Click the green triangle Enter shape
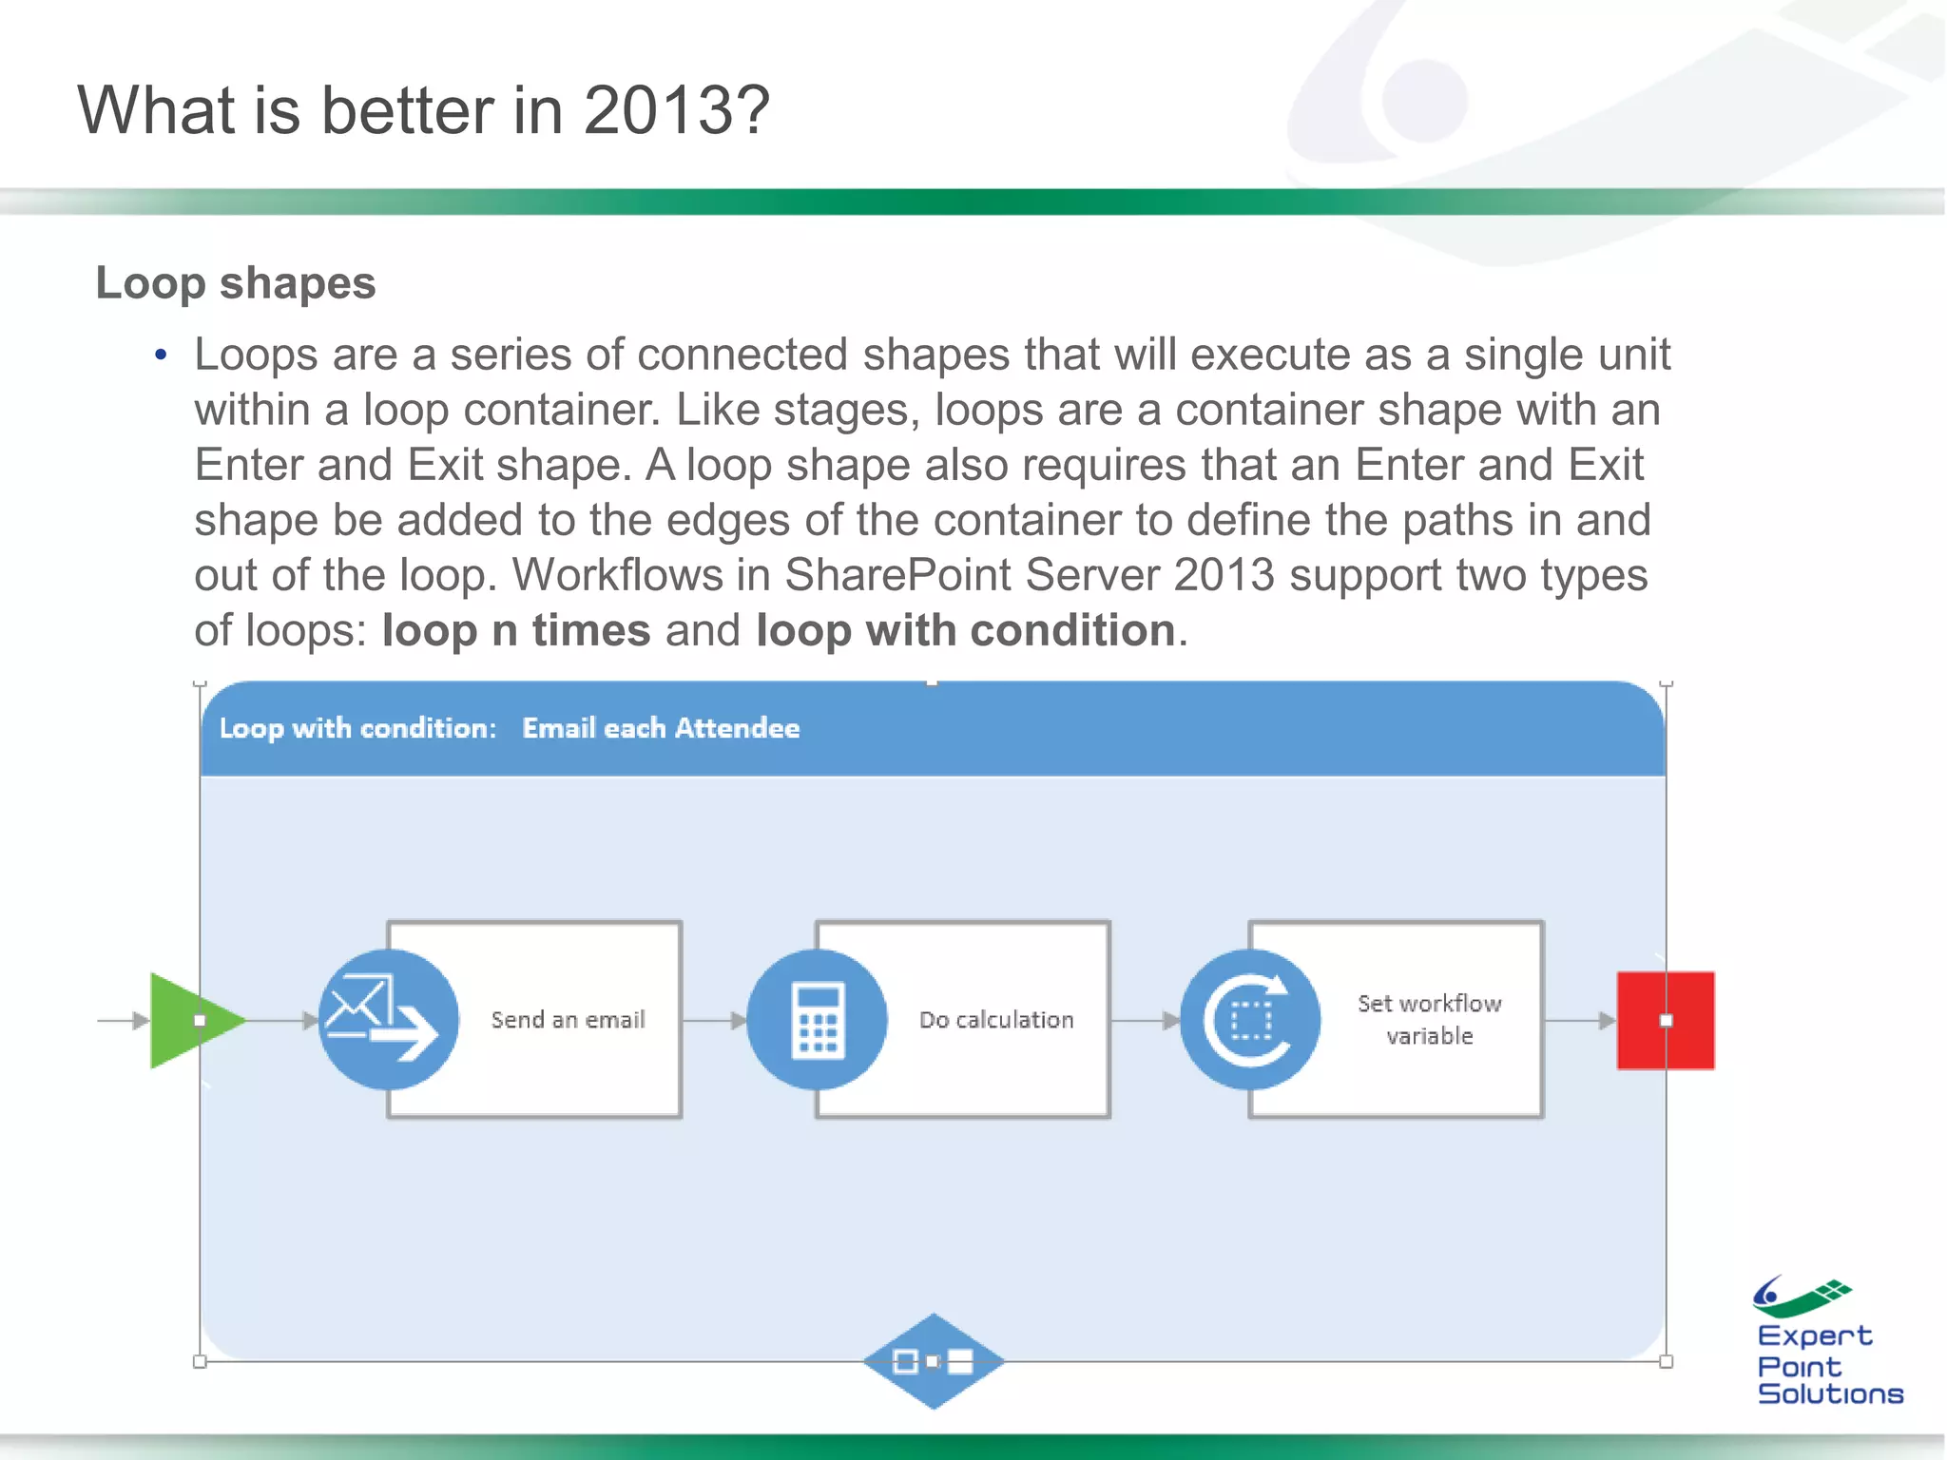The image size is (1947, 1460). pos(190,1020)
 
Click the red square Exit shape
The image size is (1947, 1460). pos(1666,1020)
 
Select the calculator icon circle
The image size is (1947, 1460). pos(818,1020)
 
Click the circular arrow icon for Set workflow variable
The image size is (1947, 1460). pos(1250,1020)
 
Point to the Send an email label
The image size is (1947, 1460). pos(568,1020)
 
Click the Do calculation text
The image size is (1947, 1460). pos(996,1020)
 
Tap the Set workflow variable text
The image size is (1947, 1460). pos(1429,1019)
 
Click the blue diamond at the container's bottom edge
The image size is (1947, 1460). pos(933,1361)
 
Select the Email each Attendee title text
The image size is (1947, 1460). pos(661,728)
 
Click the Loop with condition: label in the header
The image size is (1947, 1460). pos(358,728)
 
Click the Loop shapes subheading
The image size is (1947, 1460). pos(236,283)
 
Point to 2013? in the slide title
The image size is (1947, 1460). pos(675,110)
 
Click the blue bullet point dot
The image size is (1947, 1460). pos(161,355)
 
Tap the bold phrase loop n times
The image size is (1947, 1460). pos(516,630)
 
